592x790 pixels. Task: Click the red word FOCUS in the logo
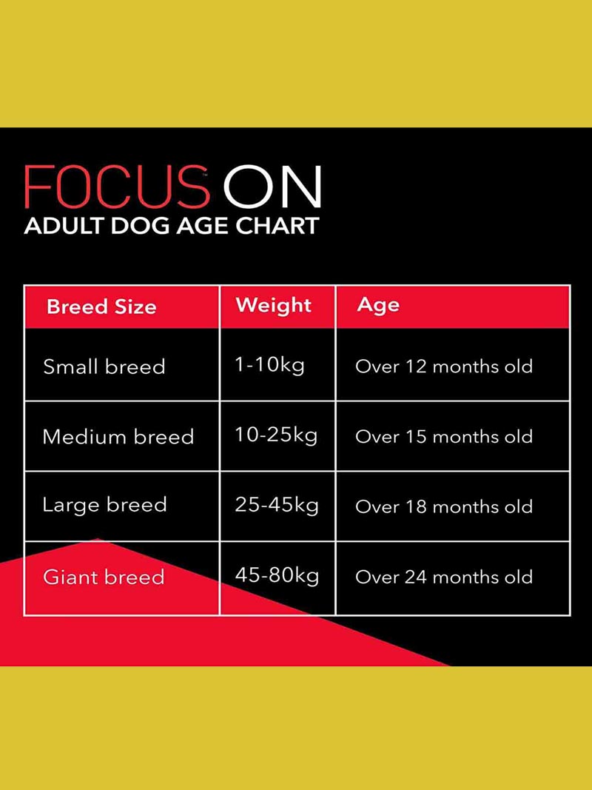117,187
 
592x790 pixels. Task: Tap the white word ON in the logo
272,187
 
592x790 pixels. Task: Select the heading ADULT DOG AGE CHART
172,227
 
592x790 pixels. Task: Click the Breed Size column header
101,307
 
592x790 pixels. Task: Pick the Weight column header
274,305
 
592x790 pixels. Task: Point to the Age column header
378,306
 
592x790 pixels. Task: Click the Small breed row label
104,366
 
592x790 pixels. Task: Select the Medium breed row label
118,436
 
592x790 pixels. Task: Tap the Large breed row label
104,505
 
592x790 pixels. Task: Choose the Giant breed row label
104,576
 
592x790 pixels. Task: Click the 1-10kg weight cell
270,365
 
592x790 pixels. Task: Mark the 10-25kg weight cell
276,435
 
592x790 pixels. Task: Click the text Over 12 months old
444,366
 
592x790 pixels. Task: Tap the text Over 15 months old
444,436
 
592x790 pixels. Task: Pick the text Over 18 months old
444,506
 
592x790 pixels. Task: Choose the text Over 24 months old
444,577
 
